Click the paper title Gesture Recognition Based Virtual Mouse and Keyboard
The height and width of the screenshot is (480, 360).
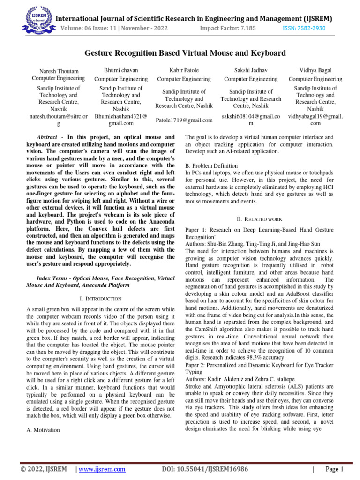coord(185,53)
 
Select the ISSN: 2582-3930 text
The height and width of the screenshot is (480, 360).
coord(305,28)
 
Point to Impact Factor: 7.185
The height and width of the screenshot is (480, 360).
coord(228,28)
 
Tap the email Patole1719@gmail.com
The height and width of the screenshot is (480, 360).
coord(184,120)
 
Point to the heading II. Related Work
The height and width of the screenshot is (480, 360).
coord(259,219)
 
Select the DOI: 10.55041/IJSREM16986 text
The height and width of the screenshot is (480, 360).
coord(204,469)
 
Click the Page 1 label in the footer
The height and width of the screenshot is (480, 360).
coord(335,469)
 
